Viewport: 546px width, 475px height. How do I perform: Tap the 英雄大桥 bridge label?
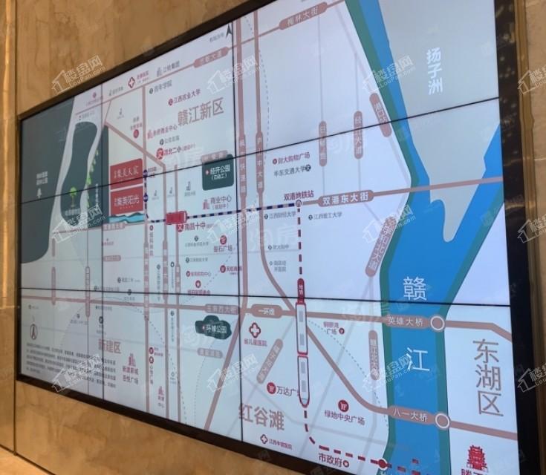[408, 321]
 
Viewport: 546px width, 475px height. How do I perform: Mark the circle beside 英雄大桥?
[438, 323]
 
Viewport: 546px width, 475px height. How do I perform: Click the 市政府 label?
[332, 460]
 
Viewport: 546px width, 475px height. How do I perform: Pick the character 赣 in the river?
[415, 286]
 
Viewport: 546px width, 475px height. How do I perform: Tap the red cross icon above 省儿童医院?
[256, 329]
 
